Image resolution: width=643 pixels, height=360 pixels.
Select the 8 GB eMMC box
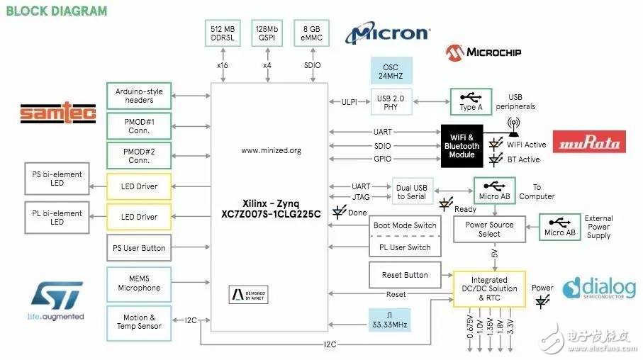tap(312, 33)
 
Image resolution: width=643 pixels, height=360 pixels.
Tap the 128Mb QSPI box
tap(267, 33)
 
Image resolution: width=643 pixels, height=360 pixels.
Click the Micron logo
tap(387, 34)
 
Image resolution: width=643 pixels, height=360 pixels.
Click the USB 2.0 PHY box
tap(391, 102)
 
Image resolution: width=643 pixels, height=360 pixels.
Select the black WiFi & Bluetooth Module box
tap(462, 146)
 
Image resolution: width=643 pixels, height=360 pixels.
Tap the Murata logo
tap(589, 142)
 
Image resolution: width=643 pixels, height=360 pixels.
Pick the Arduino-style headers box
tap(139, 95)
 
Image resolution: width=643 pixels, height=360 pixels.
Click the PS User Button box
tap(139, 248)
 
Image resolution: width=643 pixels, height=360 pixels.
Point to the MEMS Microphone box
tap(139, 283)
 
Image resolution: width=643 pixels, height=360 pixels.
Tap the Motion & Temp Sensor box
tap(139, 322)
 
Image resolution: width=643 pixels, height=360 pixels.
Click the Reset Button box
tap(405, 275)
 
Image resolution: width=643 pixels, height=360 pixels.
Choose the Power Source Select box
tap(489, 229)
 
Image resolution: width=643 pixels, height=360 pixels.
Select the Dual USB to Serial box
tap(412, 191)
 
